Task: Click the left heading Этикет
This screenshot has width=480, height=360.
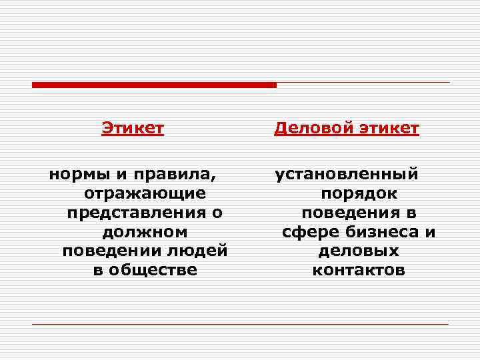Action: [x=133, y=127]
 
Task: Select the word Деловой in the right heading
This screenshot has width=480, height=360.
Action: [x=309, y=127]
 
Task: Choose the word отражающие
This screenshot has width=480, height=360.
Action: [x=145, y=193]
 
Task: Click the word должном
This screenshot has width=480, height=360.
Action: [x=145, y=232]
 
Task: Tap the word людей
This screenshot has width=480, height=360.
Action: [x=199, y=251]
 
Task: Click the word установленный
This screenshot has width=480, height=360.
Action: [x=347, y=175]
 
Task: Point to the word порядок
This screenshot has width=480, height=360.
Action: [x=359, y=193]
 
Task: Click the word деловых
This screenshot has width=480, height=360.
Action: [x=359, y=251]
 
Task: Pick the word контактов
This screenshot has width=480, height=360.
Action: [x=359, y=270]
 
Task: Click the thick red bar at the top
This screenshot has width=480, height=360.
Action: [x=154, y=85]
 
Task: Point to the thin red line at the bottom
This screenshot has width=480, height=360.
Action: [x=240, y=324]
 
